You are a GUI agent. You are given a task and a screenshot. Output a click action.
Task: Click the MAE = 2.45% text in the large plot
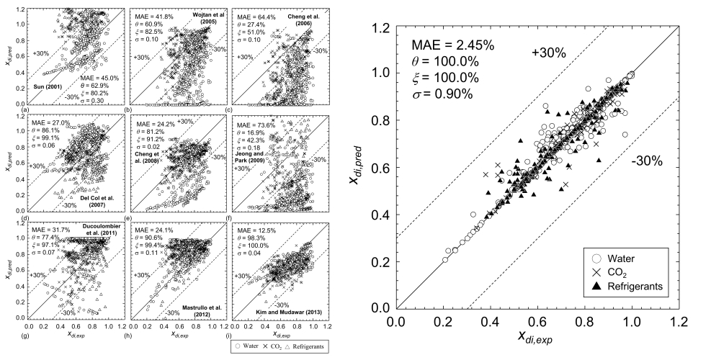click(x=451, y=45)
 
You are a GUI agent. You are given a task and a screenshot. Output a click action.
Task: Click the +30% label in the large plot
click(x=549, y=52)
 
